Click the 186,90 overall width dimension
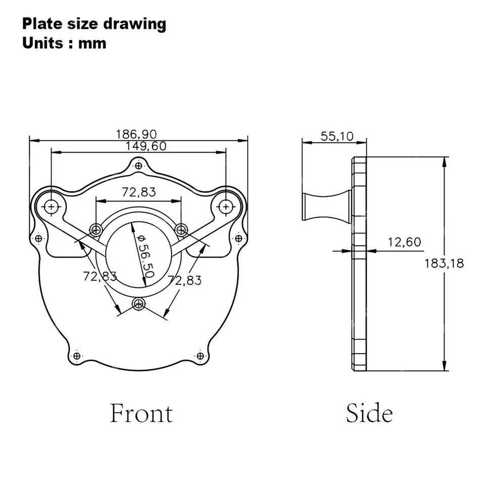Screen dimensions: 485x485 (136, 134)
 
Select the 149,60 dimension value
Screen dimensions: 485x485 (145, 146)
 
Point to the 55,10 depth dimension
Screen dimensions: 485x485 (337, 136)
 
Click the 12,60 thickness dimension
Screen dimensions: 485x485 (404, 242)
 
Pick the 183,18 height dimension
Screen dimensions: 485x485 (444, 263)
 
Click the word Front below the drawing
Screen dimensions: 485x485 (141, 413)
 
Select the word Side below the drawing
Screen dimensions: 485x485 (369, 413)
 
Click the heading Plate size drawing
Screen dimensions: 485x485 (94, 24)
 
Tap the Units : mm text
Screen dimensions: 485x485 (64, 43)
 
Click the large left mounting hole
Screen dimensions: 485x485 (51, 206)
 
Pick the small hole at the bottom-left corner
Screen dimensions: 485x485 (76, 356)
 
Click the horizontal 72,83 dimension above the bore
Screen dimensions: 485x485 (138, 192)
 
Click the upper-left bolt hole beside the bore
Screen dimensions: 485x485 (95, 230)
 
